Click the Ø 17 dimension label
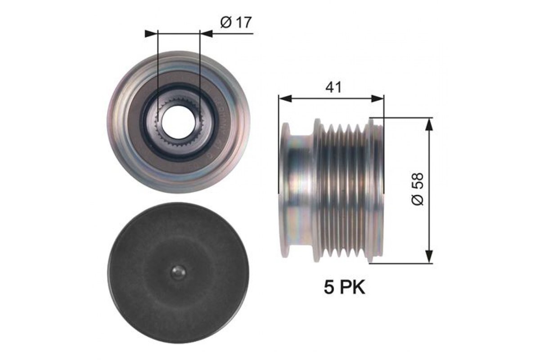[236, 22]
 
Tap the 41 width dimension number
[333, 87]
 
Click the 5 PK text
[345, 288]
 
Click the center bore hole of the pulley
[178, 122]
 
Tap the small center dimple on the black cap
[178, 272]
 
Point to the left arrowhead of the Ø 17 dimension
[151, 34]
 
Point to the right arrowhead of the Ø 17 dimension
[207, 34]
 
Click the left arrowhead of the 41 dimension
[285, 99]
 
